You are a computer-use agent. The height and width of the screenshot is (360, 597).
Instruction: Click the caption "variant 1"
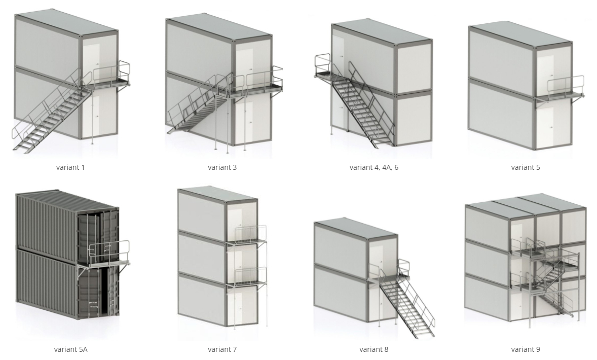[x=70, y=167]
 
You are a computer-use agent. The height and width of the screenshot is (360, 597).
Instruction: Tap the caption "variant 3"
[x=222, y=167]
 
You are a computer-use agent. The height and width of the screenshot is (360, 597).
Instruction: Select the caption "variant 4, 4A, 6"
[x=374, y=167]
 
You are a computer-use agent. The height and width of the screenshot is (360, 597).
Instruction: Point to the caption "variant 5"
[x=526, y=167]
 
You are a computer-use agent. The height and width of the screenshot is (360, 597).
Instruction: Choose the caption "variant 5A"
[x=71, y=349]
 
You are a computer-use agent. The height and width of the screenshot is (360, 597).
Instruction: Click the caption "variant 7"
[x=222, y=349]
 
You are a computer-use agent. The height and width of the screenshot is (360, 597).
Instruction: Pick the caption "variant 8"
[x=374, y=349]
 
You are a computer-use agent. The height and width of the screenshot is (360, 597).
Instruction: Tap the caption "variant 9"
[x=526, y=349]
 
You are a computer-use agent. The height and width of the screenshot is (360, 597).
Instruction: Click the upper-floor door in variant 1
[x=91, y=61]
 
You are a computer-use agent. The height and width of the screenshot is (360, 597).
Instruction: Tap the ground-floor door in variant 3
[x=244, y=124]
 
